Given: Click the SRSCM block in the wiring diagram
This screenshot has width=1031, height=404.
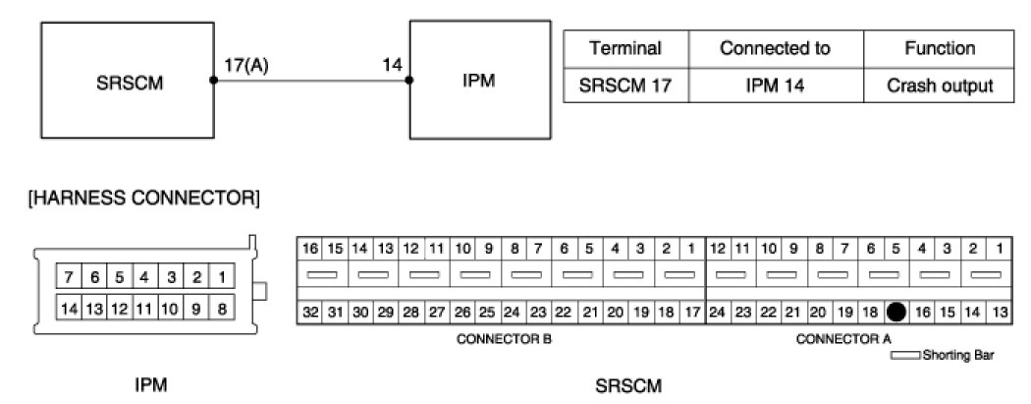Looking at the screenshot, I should click(125, 82).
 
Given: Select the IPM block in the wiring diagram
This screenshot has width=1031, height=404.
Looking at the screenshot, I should click(477, 82).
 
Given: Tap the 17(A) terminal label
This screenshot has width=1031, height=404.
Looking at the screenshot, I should click(246, 67).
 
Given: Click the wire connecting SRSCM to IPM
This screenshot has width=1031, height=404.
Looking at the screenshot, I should click(311, 82).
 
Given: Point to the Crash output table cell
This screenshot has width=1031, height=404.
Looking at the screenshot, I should click(940, 86).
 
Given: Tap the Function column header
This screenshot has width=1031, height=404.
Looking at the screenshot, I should click(940, 48).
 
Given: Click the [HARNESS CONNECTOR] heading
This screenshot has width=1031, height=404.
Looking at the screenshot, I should click(144, 200).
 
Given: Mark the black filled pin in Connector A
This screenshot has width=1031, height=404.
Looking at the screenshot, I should click(895, 313).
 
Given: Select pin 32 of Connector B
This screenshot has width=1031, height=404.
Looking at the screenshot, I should click(309, 313).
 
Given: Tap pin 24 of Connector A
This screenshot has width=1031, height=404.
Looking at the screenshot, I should click(718, 313).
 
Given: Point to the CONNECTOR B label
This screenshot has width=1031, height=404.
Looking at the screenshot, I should click(504, 339).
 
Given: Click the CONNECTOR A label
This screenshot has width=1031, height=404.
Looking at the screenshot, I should click(843, 339).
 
